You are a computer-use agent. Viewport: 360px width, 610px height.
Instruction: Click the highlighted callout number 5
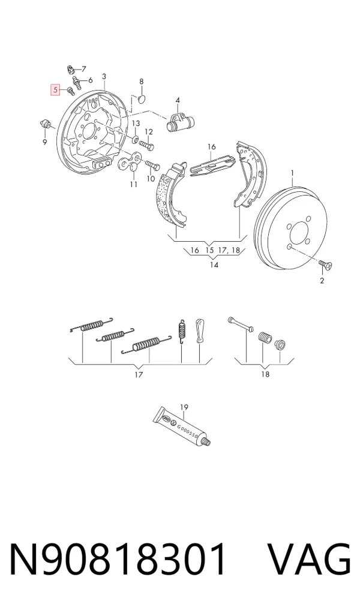click(55, 90)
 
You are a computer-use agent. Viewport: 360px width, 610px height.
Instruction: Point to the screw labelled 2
click(325, 265)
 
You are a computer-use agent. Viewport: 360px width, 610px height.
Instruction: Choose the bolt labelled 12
click(147, 145)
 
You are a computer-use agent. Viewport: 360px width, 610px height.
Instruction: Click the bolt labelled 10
click(152, 166)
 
